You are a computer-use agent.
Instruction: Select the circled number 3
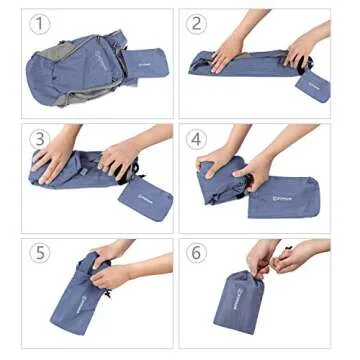pos(40,139)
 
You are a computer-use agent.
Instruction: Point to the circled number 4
pos(196,139)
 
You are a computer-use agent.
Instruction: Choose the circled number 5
pos(40,253)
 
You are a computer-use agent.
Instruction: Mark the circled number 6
pos(196,253)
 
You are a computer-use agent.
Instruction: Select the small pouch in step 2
pos(313,84)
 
